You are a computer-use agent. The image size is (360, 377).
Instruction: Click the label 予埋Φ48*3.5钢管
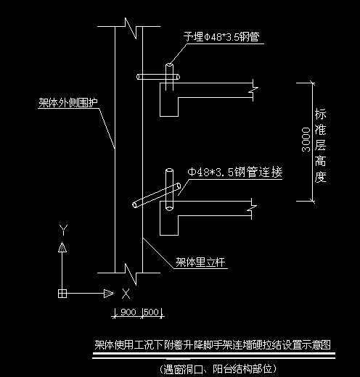click(220, 36)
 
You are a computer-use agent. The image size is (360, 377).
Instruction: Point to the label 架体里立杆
click(201, 262)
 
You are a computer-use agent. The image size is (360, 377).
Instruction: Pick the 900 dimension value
click(128, 312)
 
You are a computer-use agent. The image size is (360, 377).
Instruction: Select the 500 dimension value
click(151, 312)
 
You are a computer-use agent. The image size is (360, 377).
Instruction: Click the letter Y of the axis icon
click(63, 230)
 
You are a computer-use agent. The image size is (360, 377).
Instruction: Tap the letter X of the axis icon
click(126, 293)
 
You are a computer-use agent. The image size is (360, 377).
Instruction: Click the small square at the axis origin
click(63, 293)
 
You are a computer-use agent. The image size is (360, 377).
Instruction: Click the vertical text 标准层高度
click(320, 146)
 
